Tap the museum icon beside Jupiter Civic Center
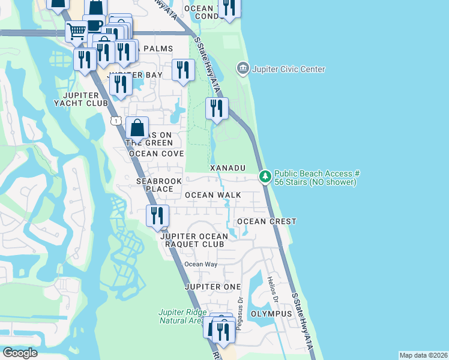(x=243, y=68)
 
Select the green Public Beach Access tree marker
(x=265, y=176)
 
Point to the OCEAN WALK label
(x=212, y=195)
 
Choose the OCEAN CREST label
(x=267, y=221)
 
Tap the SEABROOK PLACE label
(x=154, y=185)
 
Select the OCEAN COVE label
(x=156, y=154)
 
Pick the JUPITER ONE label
(x=212, y=287)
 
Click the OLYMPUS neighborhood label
(x=271, y=314)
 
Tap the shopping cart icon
(x=76, y=31)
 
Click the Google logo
(x=20, y=353)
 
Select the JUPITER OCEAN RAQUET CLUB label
(x=192, y=240)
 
